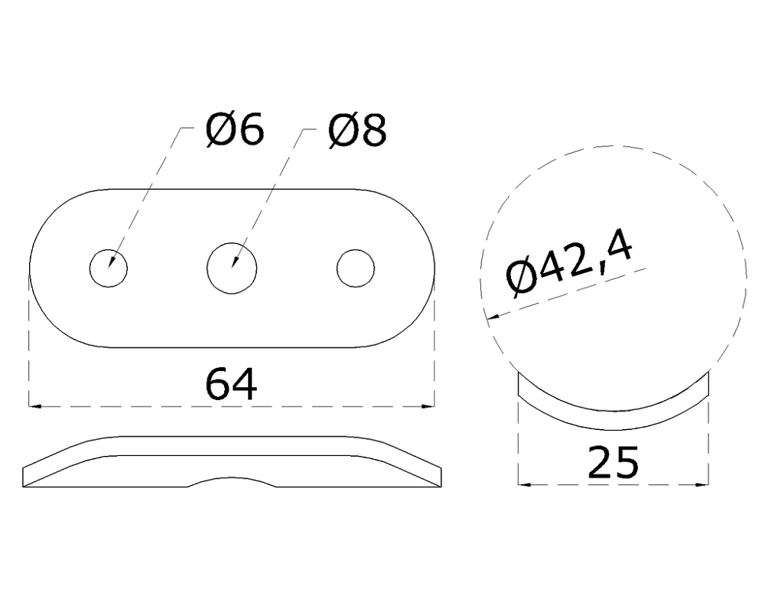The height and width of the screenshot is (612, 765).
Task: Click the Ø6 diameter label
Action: pyautogui.click(x=235, y=131)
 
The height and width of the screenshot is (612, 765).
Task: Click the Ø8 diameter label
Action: pyautogui.click(x=357, y=131)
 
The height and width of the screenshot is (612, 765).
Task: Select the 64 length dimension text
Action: pyautogui.click(x=231, y=384)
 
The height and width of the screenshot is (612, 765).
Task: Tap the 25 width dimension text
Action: pyautogui.click(x=612, y=464)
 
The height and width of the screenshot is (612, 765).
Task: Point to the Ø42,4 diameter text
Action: pyautogui.click(x=569, y=263)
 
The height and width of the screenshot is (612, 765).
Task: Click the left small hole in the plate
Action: pyautogui.click(x=109, y=269)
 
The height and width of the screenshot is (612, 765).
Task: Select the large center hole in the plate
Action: pyautogui.click(x=233, y=269)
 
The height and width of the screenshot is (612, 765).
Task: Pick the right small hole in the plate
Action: pyautogui.click(x=356, y=269)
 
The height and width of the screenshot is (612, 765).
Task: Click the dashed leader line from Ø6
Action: pyautogui.click(x=145, y=191)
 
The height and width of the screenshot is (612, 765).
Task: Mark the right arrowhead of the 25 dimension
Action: pyautogui.click(x=701, y=483)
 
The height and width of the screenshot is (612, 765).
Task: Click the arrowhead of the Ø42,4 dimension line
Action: pyautogui.click(x=493, y=317)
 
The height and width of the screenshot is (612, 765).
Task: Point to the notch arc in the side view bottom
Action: pyautogui.click(x=232, y=481)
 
